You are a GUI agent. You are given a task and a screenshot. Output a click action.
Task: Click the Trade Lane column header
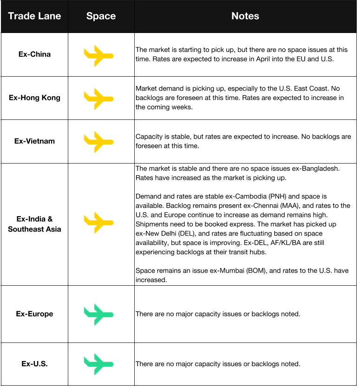pyautogui.click(x=34, y=16)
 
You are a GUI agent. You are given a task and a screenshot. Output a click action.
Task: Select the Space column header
pyautogui.click(x=101, y=16)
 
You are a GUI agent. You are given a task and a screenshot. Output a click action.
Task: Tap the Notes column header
pyautogui.click(x=245, y=16)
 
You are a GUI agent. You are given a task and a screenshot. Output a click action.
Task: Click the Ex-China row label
pyautogui.click(x=34, y=54)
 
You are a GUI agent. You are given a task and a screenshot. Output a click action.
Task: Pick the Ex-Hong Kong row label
pyautogui.click(x=34, y=98)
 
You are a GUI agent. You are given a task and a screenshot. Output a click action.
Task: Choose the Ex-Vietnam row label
pyautogui.click(x=34, y=141)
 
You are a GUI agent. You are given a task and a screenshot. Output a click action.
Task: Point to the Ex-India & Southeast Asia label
pyautogui.click(x=34, y=224)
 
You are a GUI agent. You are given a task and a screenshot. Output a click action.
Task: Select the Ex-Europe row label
pyautogui.click(x=34, y=314)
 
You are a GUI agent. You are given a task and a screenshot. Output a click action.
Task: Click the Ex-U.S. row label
pyautogui.click(x=34, y=364)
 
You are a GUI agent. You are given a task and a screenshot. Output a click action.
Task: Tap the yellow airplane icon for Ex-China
pyautogui.click(x=98, y=55)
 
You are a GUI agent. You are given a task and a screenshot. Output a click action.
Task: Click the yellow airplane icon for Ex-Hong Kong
pyautogui.click(x=98, y=98)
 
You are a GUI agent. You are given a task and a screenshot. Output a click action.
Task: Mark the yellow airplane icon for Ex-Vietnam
pyautogui.click(x=98, y=141)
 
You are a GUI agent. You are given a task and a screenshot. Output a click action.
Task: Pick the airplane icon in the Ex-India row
pyautogui.click(x=98, y=222)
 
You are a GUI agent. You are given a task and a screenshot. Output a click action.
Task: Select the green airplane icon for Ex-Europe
pyautogui.click(x=98, y=314)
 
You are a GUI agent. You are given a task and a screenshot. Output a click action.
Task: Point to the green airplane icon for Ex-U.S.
pyautogui.click(x=98, y=364)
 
